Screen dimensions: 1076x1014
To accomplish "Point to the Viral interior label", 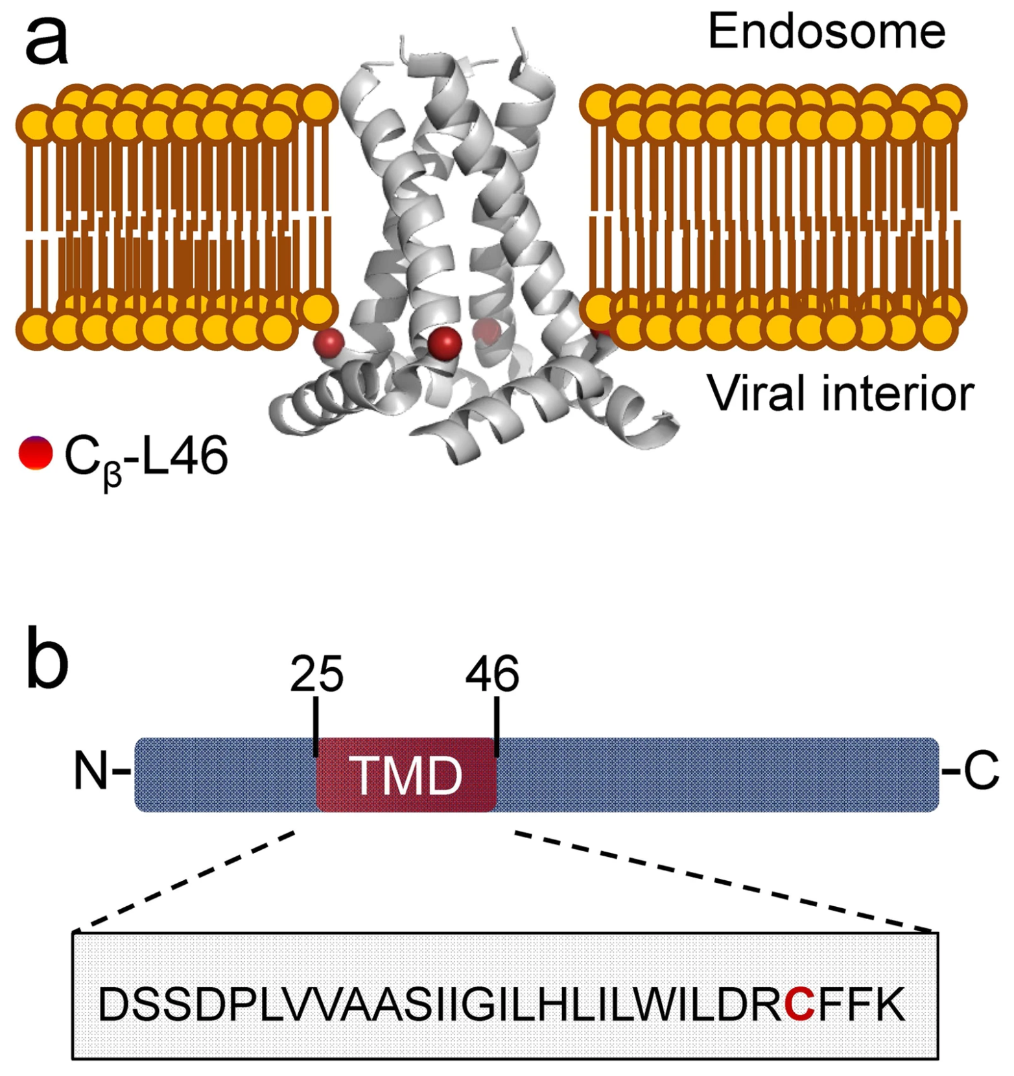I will click(840, 393).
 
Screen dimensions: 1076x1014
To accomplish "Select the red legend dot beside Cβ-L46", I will click(35, 453).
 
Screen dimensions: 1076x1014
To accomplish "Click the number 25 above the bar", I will click(316, 674).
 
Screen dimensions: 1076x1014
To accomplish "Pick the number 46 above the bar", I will click(492, 674).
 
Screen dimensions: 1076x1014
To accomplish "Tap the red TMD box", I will click(407, 775).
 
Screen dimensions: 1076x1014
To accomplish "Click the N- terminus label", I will click(97, 771).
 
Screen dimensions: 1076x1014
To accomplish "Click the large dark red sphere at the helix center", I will click(445, 342).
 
